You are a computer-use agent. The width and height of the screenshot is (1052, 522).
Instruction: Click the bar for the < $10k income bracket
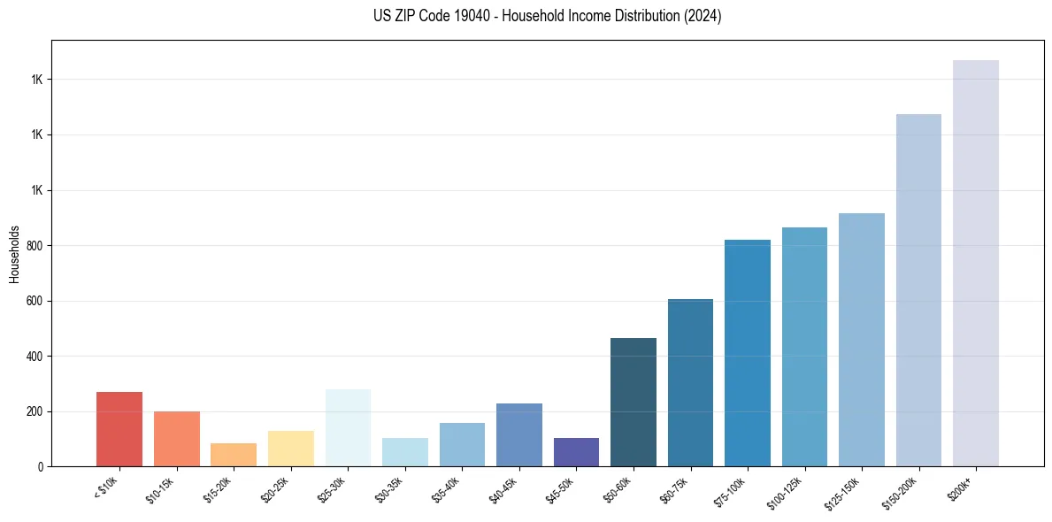tap(119, 429)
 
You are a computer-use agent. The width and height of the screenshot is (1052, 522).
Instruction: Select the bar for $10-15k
tap(176, 439)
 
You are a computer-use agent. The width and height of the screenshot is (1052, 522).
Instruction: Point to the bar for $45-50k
tap(576, 452)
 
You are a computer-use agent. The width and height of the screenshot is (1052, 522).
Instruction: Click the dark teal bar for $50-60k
tap(634, 403)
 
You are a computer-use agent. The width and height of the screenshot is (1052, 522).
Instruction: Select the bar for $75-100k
tap(748, 353)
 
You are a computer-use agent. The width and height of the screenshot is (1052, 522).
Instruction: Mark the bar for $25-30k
tap(348, 427)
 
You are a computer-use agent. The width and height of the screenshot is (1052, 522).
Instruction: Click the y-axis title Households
tap(14, 253)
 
